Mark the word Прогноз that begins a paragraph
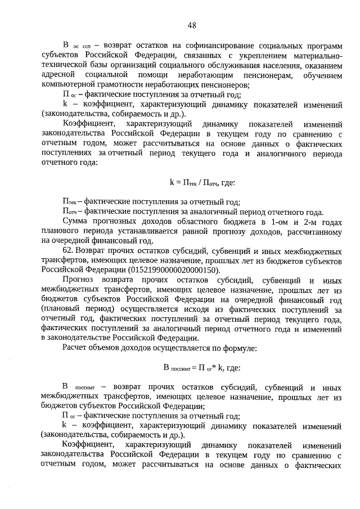(x=79, y=280)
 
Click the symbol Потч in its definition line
(x=69, y=211)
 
